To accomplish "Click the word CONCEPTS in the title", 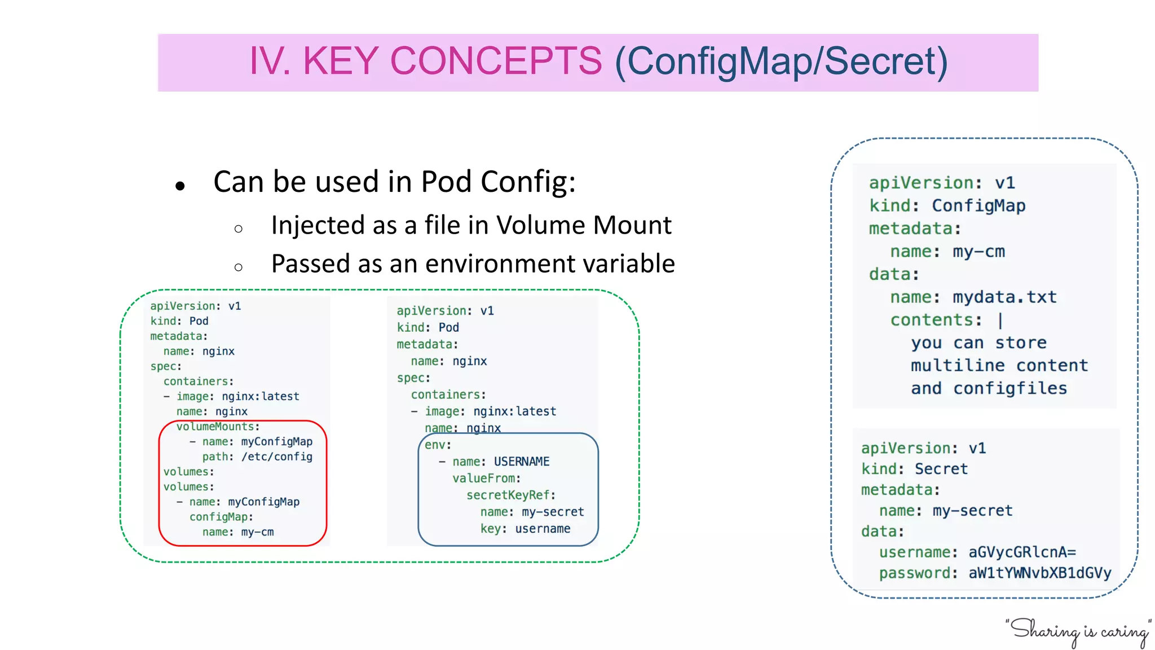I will click(496, 61).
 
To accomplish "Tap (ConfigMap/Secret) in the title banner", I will click(781, 61).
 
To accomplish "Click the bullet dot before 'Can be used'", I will click(180, 186).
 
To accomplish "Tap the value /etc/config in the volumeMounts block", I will click(276, 456).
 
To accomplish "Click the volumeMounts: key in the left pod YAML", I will click(218, 427).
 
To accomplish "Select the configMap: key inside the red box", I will click(221, 517).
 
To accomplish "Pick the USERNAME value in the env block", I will click(521, 462).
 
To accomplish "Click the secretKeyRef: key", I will click(510, 495).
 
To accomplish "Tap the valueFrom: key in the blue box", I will click(486, 478).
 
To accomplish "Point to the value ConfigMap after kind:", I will click(978, 206).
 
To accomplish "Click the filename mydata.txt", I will click(1004, 297).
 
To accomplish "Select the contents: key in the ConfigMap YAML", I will click(936, 320).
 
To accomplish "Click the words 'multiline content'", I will click(999, 366).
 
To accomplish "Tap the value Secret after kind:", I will click(941, 469).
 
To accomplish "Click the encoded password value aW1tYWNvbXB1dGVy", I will click(1039, 573).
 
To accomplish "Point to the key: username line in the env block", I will click(525, 529).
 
